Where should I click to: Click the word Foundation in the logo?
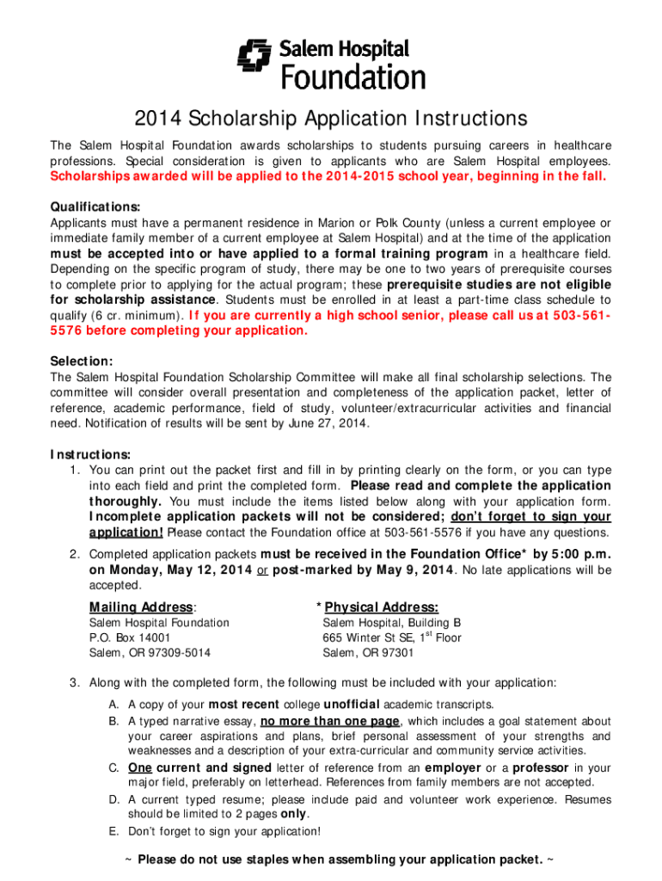[353, 77]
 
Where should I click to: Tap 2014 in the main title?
[155, 118]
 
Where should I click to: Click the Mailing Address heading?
[143, 607]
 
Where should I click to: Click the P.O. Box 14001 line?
[130, 638]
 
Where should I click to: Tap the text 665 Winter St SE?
[369, 638]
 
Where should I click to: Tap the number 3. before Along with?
[76, 683]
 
